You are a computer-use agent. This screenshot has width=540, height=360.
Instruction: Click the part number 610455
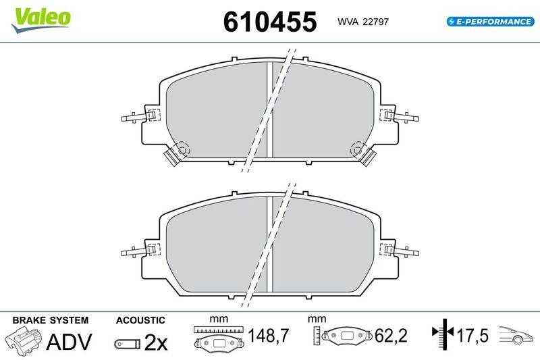(269, 22)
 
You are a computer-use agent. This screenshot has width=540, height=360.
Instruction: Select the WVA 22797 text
(362, 22)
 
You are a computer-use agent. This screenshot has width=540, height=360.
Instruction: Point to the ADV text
(69, 342)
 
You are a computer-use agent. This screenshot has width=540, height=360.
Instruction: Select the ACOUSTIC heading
(140, 320)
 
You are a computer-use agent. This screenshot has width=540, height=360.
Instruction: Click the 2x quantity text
(156, 343)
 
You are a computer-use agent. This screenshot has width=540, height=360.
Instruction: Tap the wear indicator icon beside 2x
(126, 344)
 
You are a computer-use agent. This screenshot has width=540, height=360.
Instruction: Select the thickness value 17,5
(470, 336)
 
